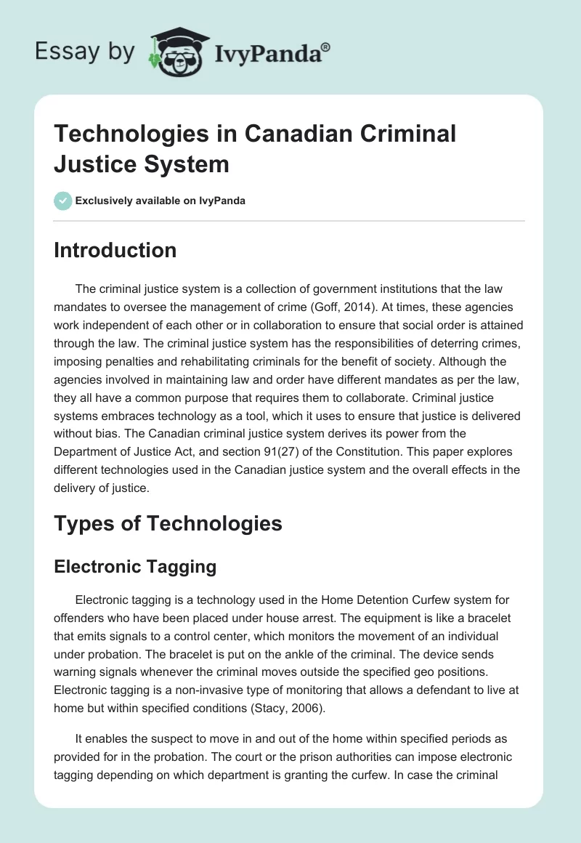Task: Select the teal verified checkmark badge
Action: [x=63, y=201]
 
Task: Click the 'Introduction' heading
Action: [x=115, y=250]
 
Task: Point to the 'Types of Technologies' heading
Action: [x=168, y=523]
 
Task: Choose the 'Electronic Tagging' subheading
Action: [x=135, y=568]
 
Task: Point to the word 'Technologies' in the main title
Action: [x=134, y=134]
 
